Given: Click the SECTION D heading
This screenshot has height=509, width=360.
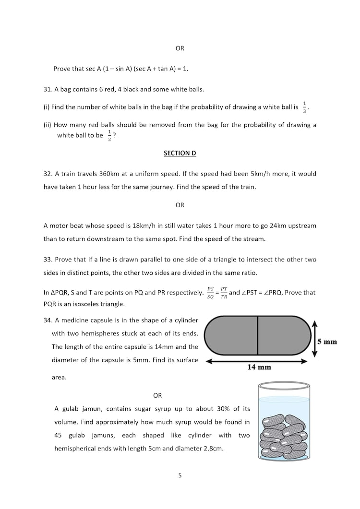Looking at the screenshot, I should [x=180, y=153].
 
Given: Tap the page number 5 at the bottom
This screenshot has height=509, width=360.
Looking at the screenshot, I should [x=180, y=476].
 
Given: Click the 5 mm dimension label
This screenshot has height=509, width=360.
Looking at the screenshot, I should [x=327, y=342].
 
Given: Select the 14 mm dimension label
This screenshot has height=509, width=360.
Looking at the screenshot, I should [x=259, y=367].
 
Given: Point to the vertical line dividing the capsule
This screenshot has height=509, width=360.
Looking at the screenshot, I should [x=258, y=335].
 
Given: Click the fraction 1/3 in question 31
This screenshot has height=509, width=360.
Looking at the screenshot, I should [x=305, y=107].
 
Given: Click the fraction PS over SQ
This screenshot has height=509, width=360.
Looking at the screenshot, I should [x=211, y=293].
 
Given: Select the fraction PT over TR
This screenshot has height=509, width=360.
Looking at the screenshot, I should [x=224, y=293].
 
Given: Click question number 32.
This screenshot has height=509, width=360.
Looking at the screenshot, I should [x=48, y=174].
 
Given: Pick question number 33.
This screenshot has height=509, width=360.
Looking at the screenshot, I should [x=48, y=260].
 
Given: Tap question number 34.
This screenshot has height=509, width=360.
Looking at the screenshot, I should [x=48, y=320].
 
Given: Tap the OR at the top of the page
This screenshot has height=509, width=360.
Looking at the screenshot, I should [x=180, y=48].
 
